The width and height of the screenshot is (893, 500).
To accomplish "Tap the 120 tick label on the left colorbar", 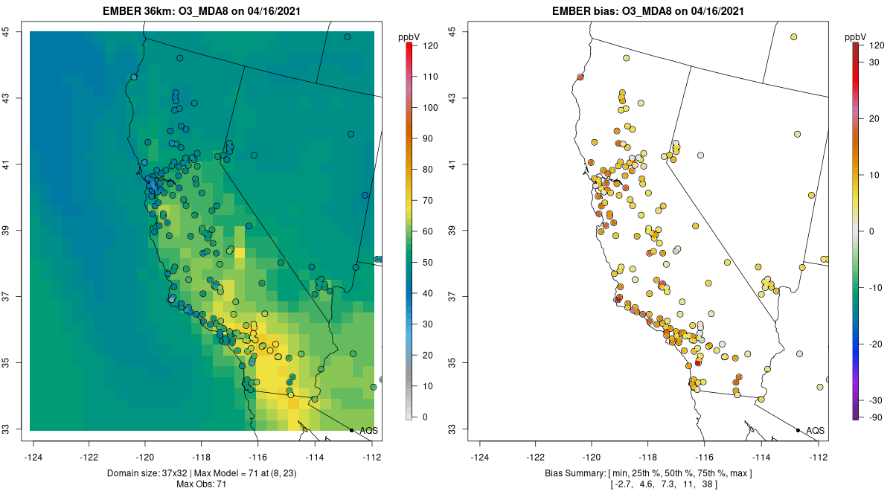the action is tap(430, 46).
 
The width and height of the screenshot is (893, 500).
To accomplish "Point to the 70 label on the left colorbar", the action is tap(427, 201).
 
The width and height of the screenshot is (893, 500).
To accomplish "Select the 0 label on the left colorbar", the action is tap(425, 417).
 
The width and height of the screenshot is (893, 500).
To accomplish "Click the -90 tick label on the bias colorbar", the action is tap(876, 417).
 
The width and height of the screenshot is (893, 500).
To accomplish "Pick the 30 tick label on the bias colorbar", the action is tap(874, 62).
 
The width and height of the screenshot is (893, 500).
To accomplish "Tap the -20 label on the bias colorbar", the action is tap(876, 344).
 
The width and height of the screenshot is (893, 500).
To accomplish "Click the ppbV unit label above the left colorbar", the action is tap(409, 37).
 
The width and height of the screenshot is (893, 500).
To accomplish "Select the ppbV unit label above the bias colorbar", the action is tap(856, 37).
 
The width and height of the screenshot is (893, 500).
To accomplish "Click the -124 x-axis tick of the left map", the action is tap(33, 458).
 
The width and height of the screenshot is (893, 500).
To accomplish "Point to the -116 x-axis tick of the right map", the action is tap(705, 458).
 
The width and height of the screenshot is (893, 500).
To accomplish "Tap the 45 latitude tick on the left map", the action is tap(6, 31).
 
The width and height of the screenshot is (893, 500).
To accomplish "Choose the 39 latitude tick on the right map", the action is tap(452, 231).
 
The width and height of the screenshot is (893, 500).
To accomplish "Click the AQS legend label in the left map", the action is tap(369, 431).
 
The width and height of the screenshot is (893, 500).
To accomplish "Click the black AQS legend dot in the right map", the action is tap(798, 430).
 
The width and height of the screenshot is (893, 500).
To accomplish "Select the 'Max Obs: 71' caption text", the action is tap(202, 484).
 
